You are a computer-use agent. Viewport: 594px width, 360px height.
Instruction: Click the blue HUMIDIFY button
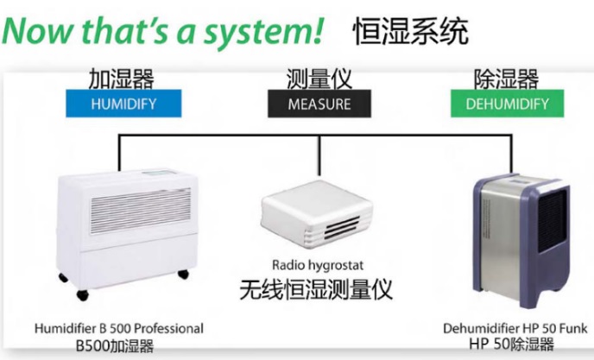[123, 104]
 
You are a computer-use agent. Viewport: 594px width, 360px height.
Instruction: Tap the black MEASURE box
[319, 104]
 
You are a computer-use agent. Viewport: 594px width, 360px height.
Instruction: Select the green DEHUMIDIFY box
[508, 104]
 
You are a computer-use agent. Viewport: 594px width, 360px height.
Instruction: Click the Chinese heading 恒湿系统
[411, 32]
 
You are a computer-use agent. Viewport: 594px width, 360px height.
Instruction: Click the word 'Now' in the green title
[37, 30]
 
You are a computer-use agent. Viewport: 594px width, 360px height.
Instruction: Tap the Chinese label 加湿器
[121, 79]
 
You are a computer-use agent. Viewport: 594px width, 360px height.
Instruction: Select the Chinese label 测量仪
[319, 79]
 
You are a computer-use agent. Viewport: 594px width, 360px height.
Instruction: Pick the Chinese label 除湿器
[506, 79]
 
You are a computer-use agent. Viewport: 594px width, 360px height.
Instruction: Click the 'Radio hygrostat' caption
[318, 265]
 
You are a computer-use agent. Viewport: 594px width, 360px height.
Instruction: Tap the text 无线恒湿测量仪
[316, 289]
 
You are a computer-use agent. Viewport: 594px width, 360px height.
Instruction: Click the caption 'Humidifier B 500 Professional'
[119, 328]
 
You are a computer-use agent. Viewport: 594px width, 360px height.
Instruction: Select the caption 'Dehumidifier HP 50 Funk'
[515, 328]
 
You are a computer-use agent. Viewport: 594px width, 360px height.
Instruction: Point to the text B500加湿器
[115, 345]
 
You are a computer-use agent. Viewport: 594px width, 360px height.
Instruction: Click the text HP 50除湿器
[511, 344]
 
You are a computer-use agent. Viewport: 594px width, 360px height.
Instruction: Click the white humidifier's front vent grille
[140, 211]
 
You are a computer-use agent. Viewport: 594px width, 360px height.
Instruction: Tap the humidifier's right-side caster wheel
[183, 274]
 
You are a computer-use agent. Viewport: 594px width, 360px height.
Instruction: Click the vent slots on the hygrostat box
[342, 227]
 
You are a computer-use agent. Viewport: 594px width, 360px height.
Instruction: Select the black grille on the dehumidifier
[553, 221]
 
